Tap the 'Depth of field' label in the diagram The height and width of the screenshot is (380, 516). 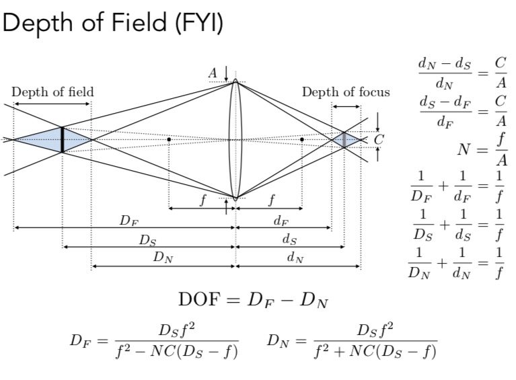pyautogui.click(x=52, y=92)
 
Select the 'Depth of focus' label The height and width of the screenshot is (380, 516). pyautogui.click(x=345, y=92)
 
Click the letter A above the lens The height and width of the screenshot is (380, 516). pyautogui.click(x=213, y=73)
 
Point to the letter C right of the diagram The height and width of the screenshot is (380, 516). pyautogui.click(x=379, y=140)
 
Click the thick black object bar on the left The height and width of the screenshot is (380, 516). pyautogui.click(x=62, y=139)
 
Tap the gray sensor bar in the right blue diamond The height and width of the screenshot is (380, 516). pyautogui.click(x=344, y=140)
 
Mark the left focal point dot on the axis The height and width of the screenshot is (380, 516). pyautogui.click(x=168, y=139)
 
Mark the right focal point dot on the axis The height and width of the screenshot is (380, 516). pyautogui.click(x=302, y=139)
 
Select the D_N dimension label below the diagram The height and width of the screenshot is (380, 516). pyautogui.click(x=162, y=258)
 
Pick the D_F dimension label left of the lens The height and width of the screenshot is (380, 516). pyautogui.click(x=124, y=221)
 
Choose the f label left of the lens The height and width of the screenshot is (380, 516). pyautogui.click(x=202, y=200)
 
